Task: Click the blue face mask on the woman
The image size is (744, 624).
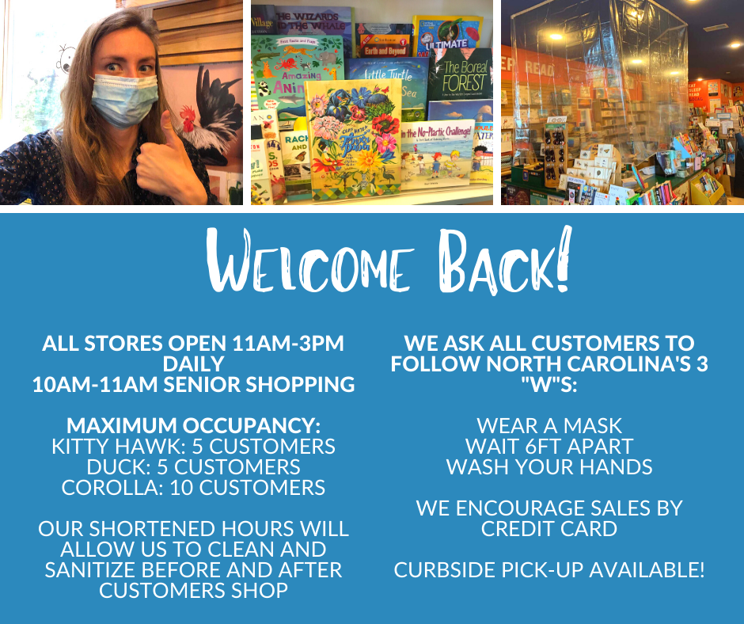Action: coord(124,100)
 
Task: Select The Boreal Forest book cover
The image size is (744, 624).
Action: coord(461,76)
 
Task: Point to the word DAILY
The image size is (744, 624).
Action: coord(193,363)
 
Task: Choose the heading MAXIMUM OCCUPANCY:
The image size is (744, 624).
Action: coord(194,425)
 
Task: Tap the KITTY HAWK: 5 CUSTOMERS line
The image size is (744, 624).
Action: coord(194,447)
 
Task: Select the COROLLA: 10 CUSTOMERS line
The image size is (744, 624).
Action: coord(194,488)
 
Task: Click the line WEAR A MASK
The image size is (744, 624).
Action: coord(549,425)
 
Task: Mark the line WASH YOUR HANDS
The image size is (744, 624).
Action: coord(549,467)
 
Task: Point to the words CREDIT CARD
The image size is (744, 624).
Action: coord(549,528)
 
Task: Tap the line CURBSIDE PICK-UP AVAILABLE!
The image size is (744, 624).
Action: coord(549,570)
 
